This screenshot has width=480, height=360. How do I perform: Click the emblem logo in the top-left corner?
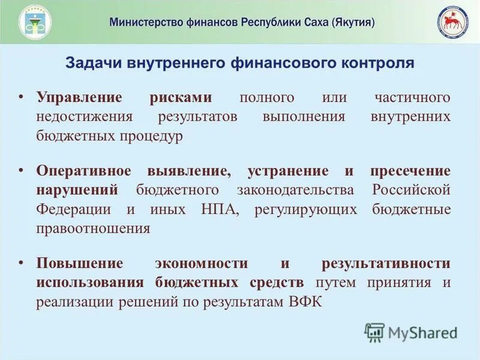pyautogui.click(x=35, y=22)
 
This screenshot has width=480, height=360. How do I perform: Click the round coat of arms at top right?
pyautogui.click(x=453, y=22)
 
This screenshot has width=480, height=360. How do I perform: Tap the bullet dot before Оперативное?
pyautogui.click(x=20, y=171)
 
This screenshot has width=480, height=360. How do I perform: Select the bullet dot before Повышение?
pyautogui.click(x=20, y=263)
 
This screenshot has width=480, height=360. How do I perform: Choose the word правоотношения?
pyautogui.click(x=92, y=229)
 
